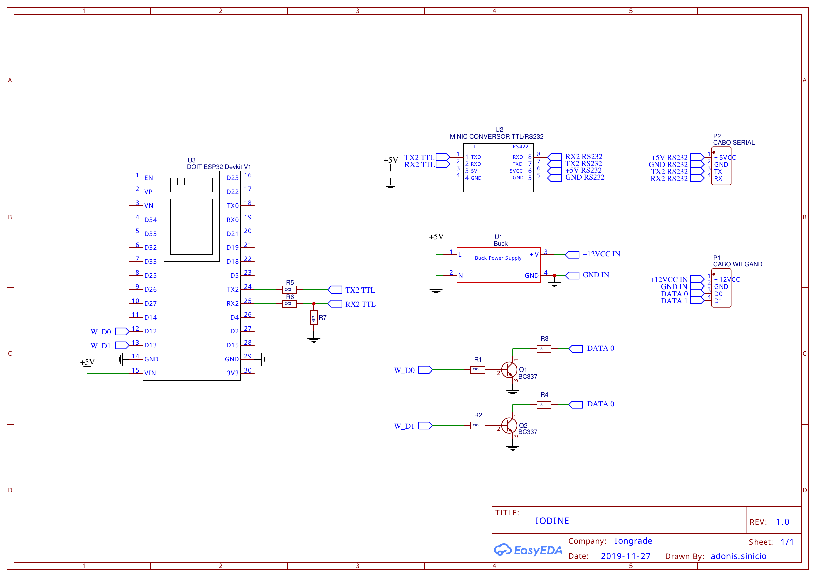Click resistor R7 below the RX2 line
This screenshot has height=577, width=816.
[x=313, y=318]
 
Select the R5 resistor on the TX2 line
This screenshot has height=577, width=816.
[x=289, y=290]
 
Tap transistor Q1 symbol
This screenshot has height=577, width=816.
[x=509, y=370]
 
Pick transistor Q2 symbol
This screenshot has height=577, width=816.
[x=509, y=426]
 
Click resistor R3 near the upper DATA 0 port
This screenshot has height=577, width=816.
[x=544, y=349]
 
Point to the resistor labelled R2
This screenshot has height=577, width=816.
[x=478, y=426]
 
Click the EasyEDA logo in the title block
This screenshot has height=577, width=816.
[x=528, y=550]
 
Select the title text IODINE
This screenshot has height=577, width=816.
[x=552, y=521]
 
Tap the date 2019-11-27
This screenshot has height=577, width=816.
[x=625, y=556]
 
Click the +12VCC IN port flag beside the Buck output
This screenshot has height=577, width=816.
[x=572, y=255]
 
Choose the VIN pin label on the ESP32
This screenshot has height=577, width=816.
[x=150, y=373]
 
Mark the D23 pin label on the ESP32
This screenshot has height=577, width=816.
[x=233, y=178]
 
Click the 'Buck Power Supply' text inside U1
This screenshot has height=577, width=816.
[x=498, y=258]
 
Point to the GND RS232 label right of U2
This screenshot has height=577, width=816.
[x=585, y=177]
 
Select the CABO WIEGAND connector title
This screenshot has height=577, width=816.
[x=737, y=264]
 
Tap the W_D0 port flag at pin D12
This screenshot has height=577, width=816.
[x=122, y=331]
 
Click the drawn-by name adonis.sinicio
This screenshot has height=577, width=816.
[x=739, y=556]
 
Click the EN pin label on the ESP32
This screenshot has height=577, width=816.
[x=149, y=178]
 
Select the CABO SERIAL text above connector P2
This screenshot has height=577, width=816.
[x=734, y=143]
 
